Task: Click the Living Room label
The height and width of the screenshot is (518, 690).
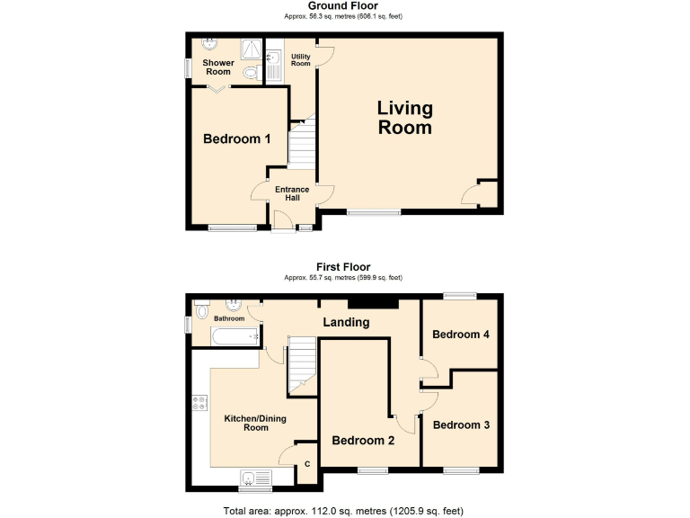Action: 404,118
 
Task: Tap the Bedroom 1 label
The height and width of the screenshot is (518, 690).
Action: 236,138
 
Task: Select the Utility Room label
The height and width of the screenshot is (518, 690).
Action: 300,60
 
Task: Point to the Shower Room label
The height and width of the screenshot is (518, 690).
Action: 217,67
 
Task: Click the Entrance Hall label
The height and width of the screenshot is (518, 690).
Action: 291,193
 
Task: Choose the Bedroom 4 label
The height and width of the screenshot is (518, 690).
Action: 460,335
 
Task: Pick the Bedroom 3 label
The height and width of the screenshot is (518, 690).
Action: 460,424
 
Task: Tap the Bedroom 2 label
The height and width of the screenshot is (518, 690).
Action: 363,441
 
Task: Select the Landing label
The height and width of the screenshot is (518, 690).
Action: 346,322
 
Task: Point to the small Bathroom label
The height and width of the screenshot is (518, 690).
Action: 229,318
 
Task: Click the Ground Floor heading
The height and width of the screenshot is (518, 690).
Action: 343,6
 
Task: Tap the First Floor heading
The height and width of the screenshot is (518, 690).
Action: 343,267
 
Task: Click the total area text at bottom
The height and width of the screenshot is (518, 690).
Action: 343,511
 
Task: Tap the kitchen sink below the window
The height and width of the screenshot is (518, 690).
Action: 249,478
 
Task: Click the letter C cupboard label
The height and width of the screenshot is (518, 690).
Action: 306,464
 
